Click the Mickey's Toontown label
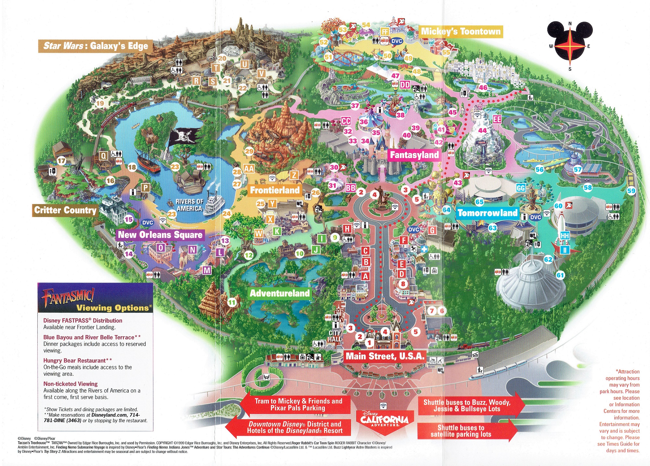click(x=461, y=32)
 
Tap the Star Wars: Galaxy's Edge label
click(x=96, y=46)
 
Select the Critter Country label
click(x=65, y=210)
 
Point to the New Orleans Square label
click(x=160, y=235)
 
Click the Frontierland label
click(x=275, y=190)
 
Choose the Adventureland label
click(x=279, y=293)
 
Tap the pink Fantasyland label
click(x=414, y=155)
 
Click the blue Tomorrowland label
click(x=487, y=213)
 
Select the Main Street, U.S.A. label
click(x=385, y=356)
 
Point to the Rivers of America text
click(x=189, y=205)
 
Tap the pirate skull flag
click(x=183, y=137)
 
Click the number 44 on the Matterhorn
click(x=482, y=131)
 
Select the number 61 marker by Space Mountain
click(x=560, y=275)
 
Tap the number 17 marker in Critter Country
click(x=61, y=161)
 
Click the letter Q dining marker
click(x=103, y=156)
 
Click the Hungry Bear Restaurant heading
click(x=77, y=360)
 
